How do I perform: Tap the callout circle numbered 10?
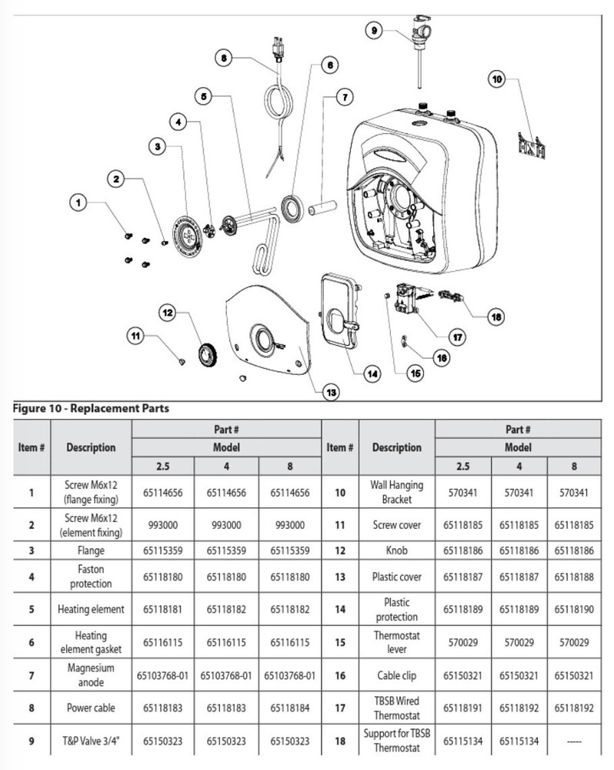click(x=497, y=78)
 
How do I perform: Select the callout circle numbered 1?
click(x=77, y=203)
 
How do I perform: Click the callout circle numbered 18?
click(x=496, y=316)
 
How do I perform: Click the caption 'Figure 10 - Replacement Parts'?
click(x=92, y=409)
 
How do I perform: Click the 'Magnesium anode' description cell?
click(x=91, y=675)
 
